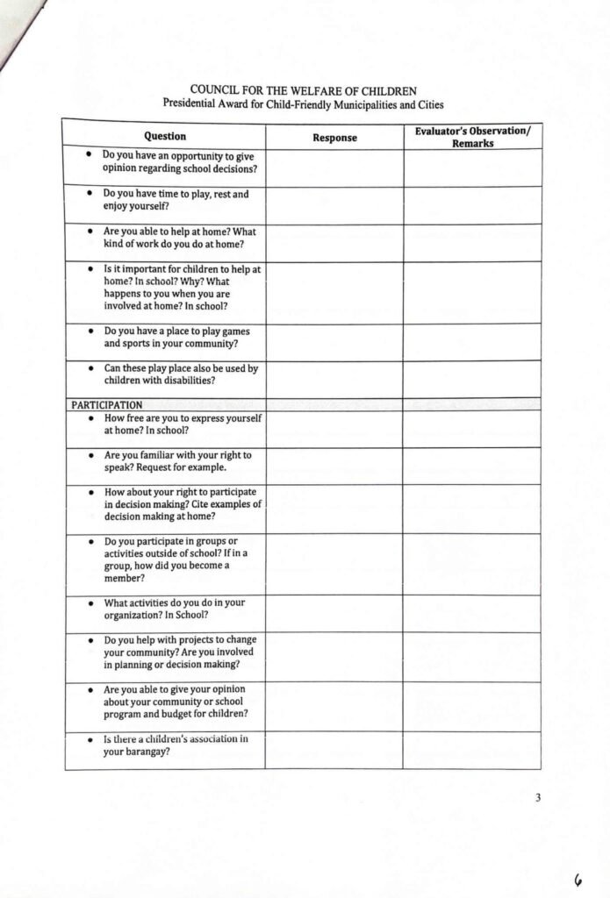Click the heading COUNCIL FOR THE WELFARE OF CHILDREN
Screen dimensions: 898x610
click(x=303, y=90)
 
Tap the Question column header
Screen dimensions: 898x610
click(x=165, y=137)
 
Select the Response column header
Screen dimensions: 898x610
click(x=334, y=138)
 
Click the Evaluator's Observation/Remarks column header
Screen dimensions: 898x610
click(x=472, y=137)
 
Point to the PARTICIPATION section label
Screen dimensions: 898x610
click(x=107, y=405)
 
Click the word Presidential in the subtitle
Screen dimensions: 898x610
click(x=194, y=103)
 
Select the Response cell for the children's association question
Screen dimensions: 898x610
click(x=334, y=750)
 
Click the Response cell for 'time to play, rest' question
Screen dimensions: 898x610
click(x=334, y=205)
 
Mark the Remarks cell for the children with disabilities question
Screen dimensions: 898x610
click(x=472, y=379)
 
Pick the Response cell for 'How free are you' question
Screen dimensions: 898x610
click(x=334, y=429)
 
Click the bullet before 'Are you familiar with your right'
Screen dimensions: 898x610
click(x=92, y=457)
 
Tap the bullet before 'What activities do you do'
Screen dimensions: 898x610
click(x=92, y=603)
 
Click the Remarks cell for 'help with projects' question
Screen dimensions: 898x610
click(x=472, y=656)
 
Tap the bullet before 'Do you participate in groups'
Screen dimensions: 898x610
click(x=92, y=541)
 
